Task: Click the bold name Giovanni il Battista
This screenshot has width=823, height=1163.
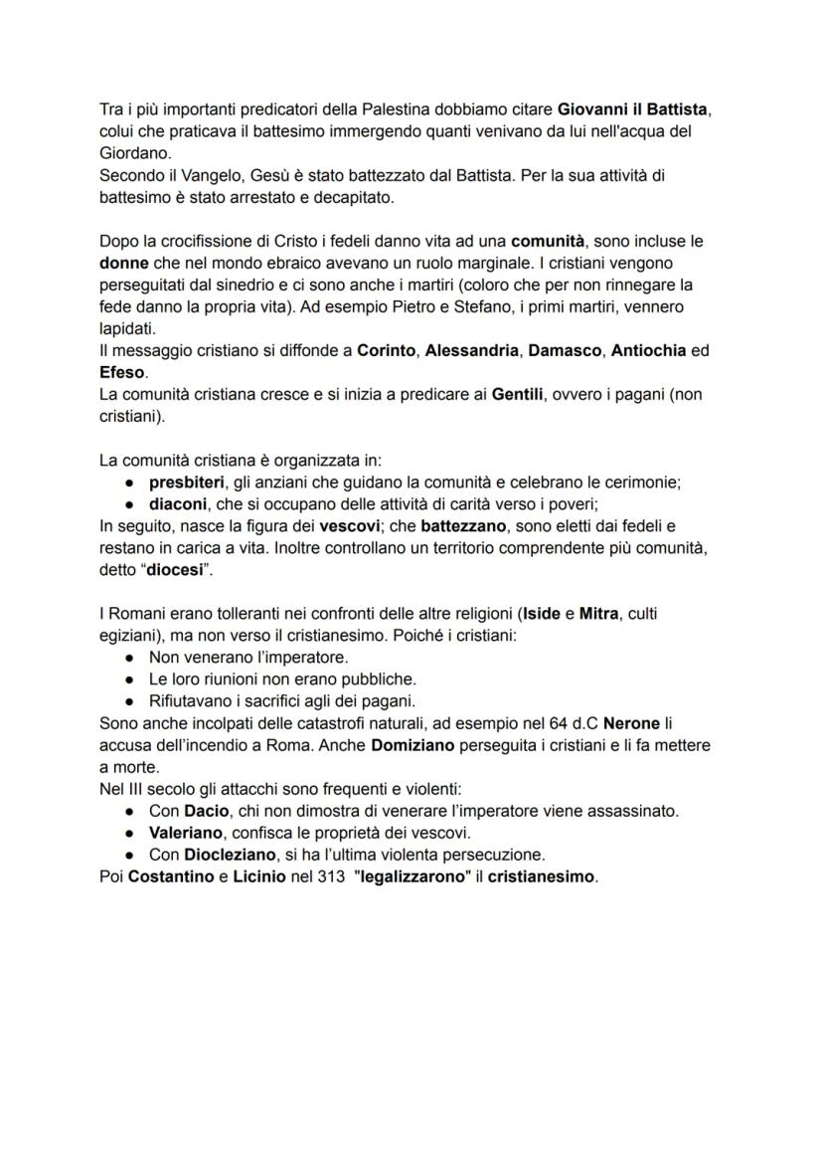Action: [x=632, y=108]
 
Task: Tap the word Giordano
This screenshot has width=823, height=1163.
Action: [x=133, y=153]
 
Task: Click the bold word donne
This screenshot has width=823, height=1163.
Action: [x=124, y=264]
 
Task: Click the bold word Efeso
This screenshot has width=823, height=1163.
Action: [x=122, y=373]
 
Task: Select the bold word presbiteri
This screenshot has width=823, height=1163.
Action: [x=186, y=483]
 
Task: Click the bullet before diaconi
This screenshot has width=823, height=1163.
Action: [x=129, y=504]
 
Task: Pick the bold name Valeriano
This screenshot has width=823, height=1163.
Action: [x=188, y=833]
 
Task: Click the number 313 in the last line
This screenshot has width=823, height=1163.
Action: [x=328, y=876]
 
